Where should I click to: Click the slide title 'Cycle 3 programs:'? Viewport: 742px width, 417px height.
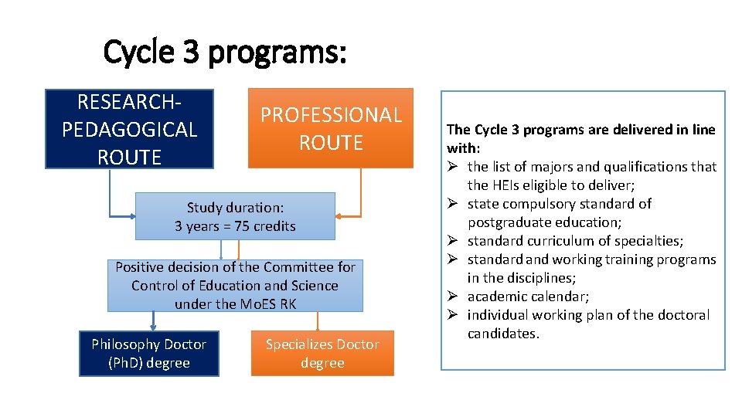pos(225,53)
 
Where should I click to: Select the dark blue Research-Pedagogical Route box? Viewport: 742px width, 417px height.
pos(129,129)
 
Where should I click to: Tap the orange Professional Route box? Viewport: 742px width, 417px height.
pos(331,128)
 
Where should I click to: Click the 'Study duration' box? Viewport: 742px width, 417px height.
pos(235,217)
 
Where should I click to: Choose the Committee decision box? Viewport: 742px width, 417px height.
pos(235,285)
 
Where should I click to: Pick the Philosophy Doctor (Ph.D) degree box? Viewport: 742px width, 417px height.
pos(148,354)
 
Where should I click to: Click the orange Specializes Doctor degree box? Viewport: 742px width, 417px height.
pos(322,354)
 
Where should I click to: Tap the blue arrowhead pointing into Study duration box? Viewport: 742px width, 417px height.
pos(131,216)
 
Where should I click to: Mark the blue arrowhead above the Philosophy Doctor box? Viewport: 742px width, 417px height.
pos(152,327)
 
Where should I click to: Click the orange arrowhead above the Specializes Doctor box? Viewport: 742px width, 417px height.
pos(316,327)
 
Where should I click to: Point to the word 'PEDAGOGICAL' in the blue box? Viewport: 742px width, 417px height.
pos(129,129)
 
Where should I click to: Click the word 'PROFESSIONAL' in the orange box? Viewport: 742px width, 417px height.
pos(331,115)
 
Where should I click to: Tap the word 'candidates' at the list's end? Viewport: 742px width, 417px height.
pos(502,334)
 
